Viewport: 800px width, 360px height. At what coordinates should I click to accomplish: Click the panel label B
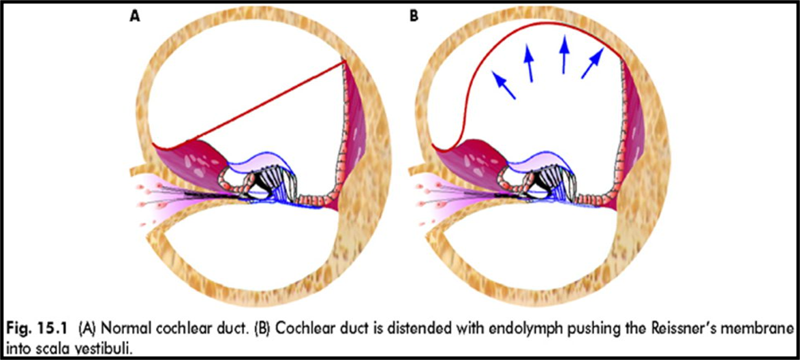click(x=414, y=14)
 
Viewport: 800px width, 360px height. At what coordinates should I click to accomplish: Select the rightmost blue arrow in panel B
click(x=593, y=63)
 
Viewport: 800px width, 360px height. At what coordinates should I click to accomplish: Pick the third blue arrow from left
click(x=563, y=55)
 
